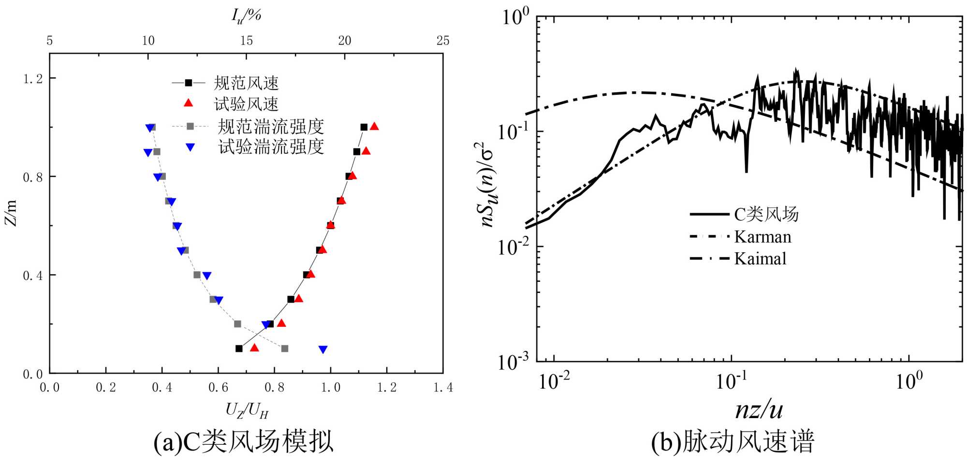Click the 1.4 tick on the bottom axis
(x=443, y=387)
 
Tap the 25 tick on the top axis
(x=443, y=41)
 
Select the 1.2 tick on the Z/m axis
(x=33, y=78)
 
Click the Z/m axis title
(x=11, y=213)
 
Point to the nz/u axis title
(x=759, y=410)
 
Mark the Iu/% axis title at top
(x=246, y=15)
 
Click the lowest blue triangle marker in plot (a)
(x=323, y=349)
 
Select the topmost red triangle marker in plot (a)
(x=374, y=127)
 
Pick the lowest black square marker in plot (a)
(x=239, y=349)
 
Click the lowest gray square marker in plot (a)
(x=285, y=349)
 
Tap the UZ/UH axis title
(x=247, y=411)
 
